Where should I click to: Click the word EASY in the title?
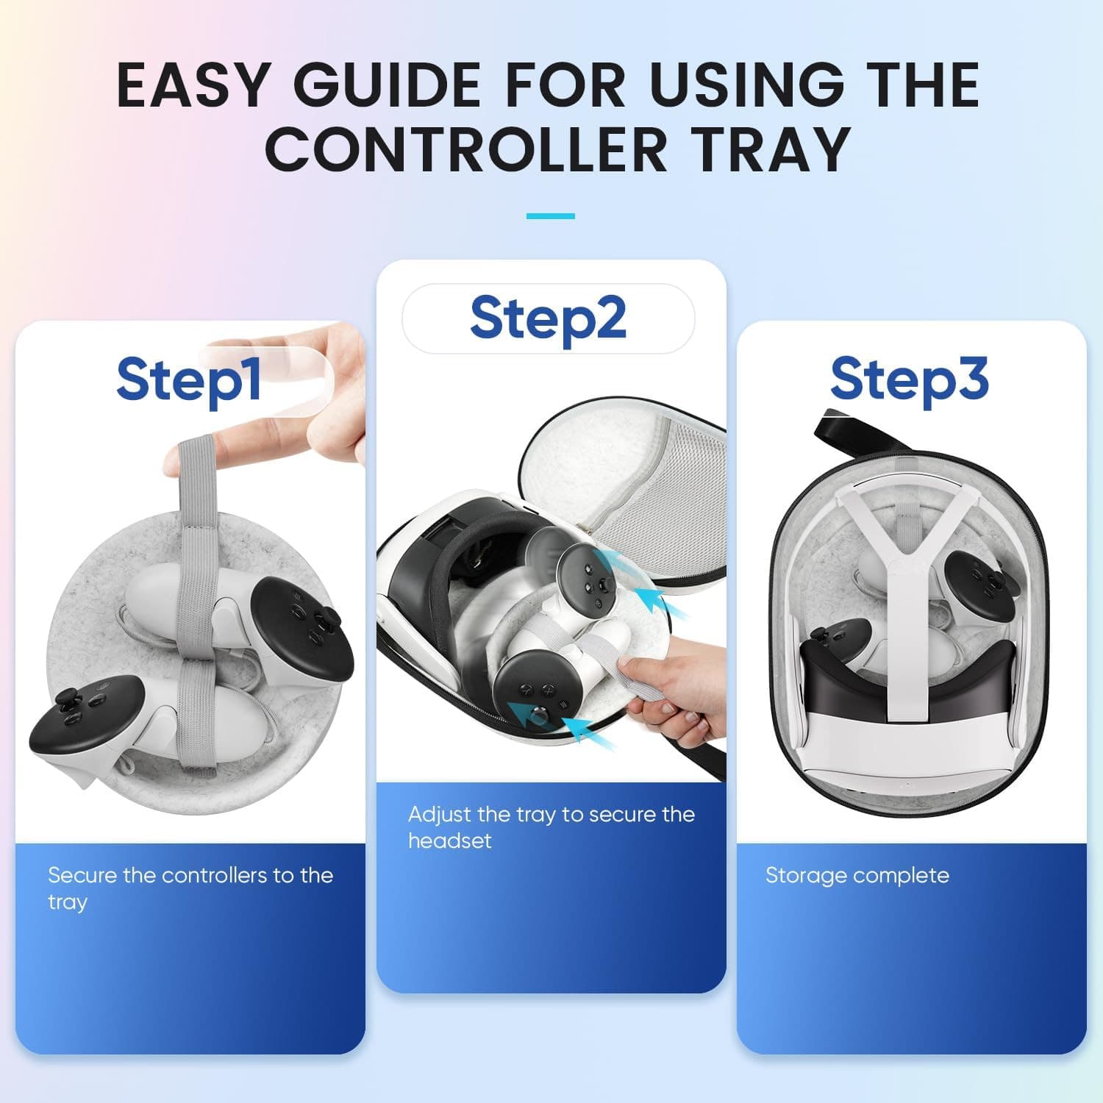tap(195, 85)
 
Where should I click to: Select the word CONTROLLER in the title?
tap(465, 149)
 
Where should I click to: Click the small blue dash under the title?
tap(550, 216)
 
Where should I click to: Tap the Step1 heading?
tap(189, 379)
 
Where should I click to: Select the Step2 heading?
tap(548, 318)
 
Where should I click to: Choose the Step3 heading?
tap(909, 379)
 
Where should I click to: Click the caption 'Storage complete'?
tap(857, 875)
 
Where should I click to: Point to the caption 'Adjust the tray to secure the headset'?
tap(551, 827)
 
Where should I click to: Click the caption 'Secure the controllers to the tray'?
tap(190, 888)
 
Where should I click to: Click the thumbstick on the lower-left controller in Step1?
tap(68, 699)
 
